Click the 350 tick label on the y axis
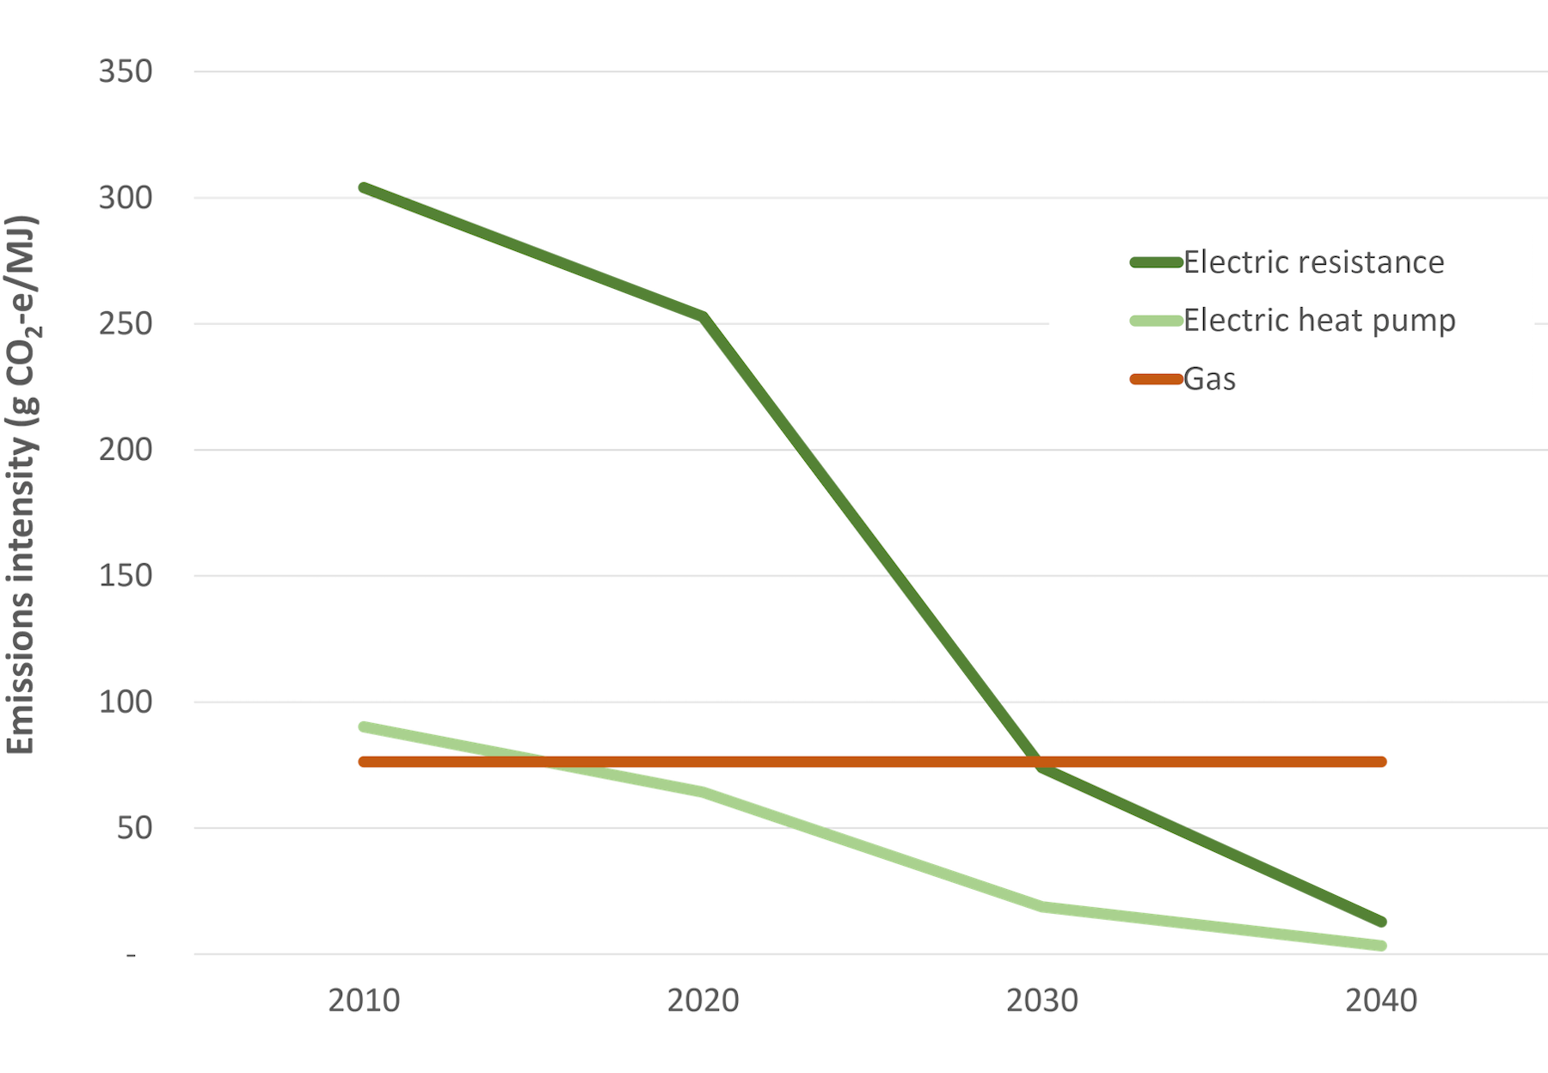126,71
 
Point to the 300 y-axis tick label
126,198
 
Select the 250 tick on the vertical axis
126,324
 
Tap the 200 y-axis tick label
126,450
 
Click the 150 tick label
126,576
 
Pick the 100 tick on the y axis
126,702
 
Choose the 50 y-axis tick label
135,828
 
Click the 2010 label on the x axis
364,1001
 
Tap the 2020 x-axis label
703,1001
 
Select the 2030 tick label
1041,1001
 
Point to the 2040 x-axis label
1380,1001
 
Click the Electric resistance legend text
1313,262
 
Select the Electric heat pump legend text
1319,321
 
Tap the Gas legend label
1209,379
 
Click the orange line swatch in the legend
1156,379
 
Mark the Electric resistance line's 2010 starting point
364,187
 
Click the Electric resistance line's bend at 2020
703,316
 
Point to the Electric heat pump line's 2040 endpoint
1381,946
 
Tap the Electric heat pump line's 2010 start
364,727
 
